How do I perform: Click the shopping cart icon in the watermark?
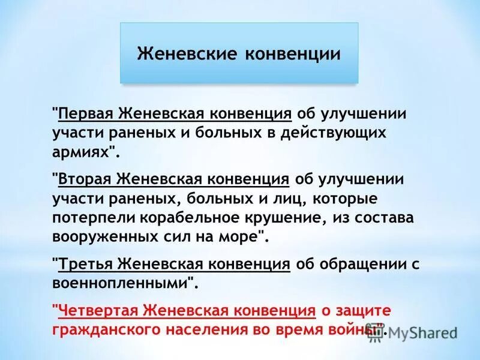[x=376, y=335]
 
